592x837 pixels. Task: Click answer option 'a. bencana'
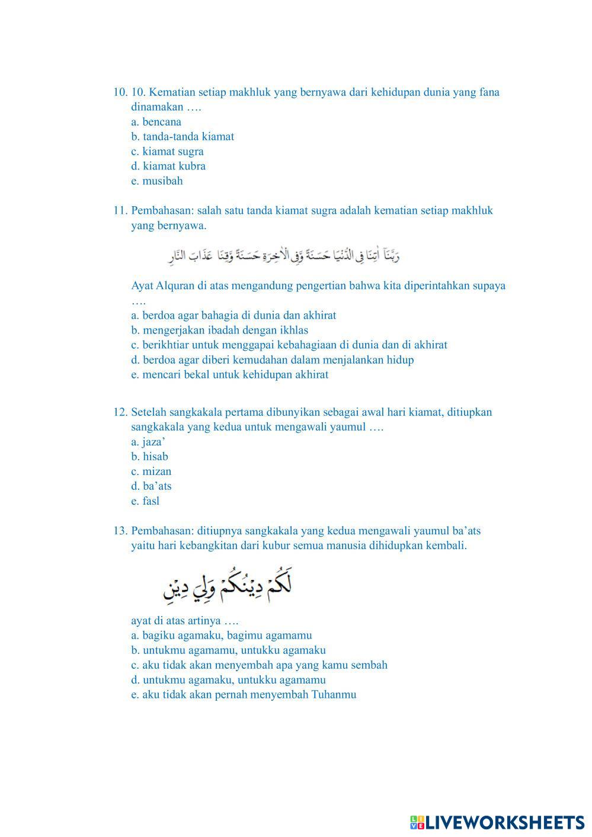156,122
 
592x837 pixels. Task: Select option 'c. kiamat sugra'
167,152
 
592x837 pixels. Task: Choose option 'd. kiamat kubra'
168,166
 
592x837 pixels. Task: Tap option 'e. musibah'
157,181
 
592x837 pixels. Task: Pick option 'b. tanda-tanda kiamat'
183,137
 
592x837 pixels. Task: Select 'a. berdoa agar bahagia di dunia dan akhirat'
233,316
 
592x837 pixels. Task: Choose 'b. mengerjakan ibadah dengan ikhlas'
220,331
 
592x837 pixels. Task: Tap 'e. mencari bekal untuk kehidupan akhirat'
230,375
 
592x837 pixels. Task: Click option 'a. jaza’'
148,442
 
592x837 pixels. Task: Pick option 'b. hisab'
150,457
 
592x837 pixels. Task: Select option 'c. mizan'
151,472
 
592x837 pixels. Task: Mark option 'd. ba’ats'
151,486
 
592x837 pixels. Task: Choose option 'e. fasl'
145,501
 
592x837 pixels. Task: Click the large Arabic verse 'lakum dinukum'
228,585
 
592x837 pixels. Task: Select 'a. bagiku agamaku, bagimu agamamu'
222,636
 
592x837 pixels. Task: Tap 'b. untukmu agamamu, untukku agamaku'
229,650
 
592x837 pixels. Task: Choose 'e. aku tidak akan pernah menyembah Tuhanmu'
244,695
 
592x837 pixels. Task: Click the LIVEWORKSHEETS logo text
504,822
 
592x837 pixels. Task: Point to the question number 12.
120,412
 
